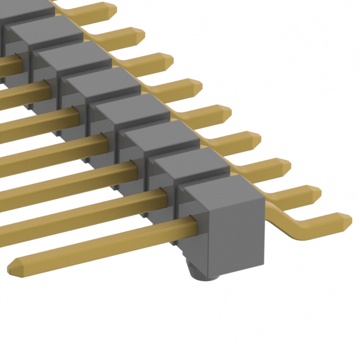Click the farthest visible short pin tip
click(112, 7)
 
